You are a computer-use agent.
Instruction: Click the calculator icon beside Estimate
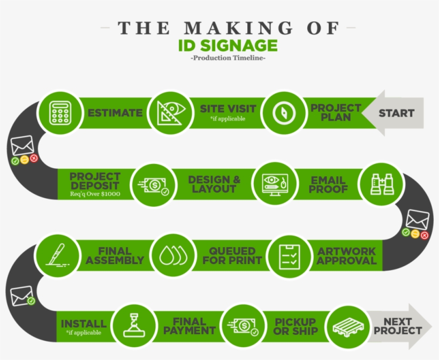point(60,112)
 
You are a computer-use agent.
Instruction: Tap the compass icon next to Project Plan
point(284,113)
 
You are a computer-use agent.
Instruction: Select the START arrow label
point(397,113)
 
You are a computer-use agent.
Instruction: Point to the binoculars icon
point(382,184)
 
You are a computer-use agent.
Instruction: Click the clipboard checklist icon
point(290,257)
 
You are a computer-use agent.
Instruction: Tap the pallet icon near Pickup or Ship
point(349,327)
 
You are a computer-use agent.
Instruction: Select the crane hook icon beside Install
point(134,325)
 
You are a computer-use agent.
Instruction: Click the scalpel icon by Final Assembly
point(57,255)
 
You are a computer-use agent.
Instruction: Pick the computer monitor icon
point(275,185)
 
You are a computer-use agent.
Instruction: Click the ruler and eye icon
point(171,113)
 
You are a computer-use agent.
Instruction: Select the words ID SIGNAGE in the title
point(228,46)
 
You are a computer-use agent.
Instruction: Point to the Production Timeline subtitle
point(228,58)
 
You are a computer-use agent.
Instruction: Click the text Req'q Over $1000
point(95,194)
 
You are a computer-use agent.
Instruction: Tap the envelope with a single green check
point(22,296)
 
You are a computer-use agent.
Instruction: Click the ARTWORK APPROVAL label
point(346,256)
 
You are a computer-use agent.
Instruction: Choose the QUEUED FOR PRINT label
point(232,256)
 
